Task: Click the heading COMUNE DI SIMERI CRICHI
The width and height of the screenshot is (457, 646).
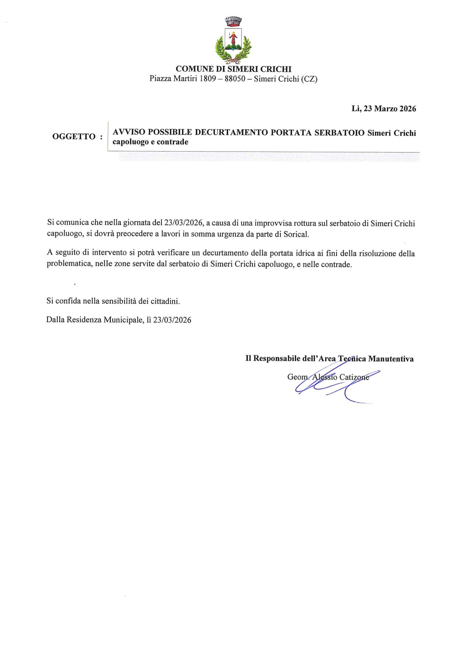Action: coord(233,69)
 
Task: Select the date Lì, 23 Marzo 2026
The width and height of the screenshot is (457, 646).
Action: coord(384,109)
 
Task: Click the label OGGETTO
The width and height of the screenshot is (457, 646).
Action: coord(74,137)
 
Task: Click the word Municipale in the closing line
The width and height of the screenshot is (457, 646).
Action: coord(122,320)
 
